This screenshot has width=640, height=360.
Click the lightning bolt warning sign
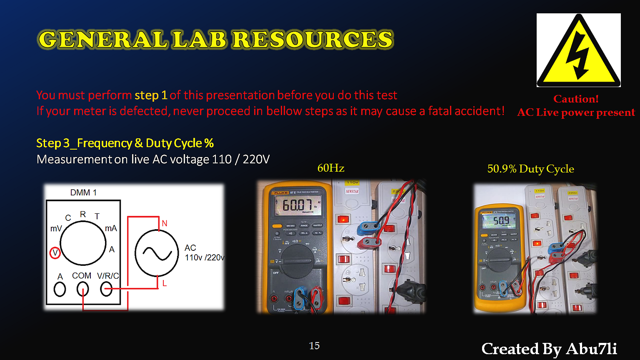[x=578, y=50]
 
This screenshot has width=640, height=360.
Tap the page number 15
[x=314, y=346]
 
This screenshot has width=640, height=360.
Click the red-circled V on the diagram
[x=55, y=253]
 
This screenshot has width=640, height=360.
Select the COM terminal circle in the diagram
[x=83, y=289]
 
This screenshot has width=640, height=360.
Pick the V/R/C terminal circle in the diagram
[x=106, y=289]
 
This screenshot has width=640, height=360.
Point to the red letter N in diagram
[x=164, y=224]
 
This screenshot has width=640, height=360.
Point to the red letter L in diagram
[x=165, y=284]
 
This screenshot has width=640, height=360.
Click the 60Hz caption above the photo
[x=331, y=168]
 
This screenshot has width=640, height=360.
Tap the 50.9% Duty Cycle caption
[x=530, y=169]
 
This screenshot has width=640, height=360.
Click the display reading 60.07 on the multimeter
[x=297, y=205]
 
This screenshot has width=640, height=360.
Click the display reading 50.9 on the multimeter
[x=501, y=221]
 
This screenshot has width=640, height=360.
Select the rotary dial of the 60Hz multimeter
[x=297, y=261]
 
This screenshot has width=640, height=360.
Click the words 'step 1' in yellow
[x=151, y=95]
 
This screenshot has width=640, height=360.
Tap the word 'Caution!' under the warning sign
[x=576, y=99]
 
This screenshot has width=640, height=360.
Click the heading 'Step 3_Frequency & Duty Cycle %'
[x=125, y=143]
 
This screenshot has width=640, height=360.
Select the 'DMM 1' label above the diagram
[x=83, y=192]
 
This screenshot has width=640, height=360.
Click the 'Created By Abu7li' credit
[x=549, y=349]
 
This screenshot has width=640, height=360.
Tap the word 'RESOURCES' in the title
[x=312, y=40]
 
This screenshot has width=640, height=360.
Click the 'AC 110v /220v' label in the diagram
[x=204, y=253]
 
